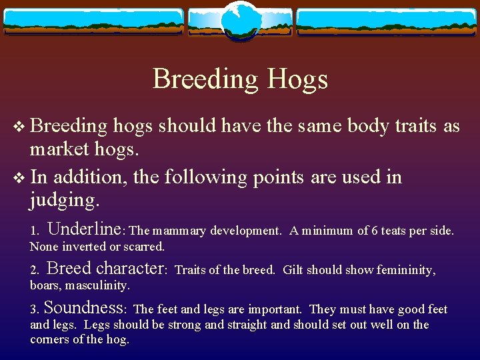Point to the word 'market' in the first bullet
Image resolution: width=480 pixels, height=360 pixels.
pyautogui.click(x=61, y=150)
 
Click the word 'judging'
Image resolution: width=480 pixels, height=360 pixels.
pyautogui.click(x=64, y=201)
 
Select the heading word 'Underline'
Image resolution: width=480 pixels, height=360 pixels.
pyautogui.click(x=85, y=229)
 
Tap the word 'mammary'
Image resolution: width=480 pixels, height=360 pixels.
pyautogui.click(x=179, y=231)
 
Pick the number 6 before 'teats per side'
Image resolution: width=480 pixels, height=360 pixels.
pyautogui.click(x=375, y=231)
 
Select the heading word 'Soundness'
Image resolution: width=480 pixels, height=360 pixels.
pyautogui.click(x=85, y=308)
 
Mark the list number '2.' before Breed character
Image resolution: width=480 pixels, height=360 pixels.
pyautogui.click(x=35, y=270)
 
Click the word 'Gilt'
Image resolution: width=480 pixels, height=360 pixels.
pyautogui.click(x=293, y=270)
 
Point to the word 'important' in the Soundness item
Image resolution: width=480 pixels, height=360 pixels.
pyautogui.click(x=274, y=309)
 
